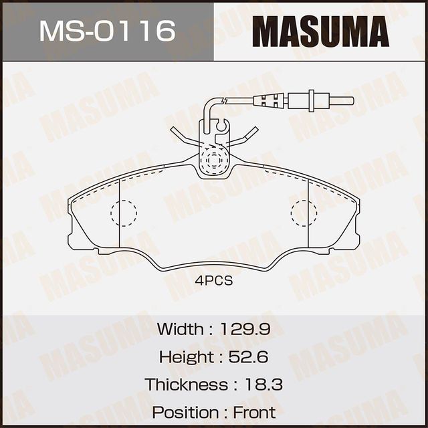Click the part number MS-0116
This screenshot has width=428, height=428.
click(106, 31)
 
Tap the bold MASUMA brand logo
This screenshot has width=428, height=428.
click(321, 31)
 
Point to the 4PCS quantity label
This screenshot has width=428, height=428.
click(214, 281)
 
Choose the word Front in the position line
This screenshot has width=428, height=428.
click(255, 412)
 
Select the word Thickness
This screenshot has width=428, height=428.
click(186, 385)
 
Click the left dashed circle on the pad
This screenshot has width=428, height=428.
click(123, 213)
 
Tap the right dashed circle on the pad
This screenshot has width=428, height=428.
click(304, 213)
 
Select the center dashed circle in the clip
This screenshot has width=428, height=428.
click(214, 161)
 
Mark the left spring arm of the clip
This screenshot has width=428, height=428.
click(183, 136)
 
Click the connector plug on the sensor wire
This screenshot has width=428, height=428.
click(272, 101)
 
